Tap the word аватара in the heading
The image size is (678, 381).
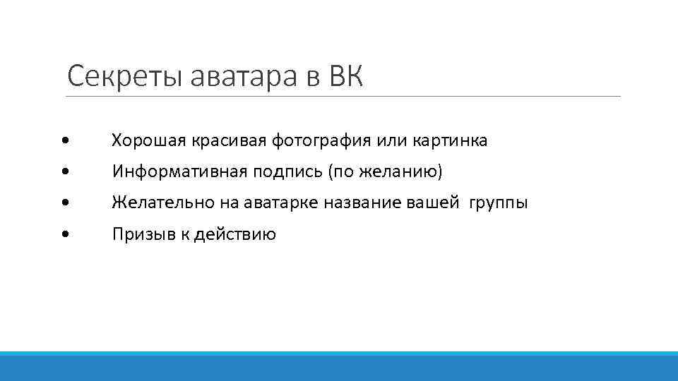244,76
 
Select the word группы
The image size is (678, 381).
501,203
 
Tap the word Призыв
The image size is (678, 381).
138,234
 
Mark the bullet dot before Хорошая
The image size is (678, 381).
65,141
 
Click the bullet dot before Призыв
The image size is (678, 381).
65,234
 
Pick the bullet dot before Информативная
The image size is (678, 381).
65,172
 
